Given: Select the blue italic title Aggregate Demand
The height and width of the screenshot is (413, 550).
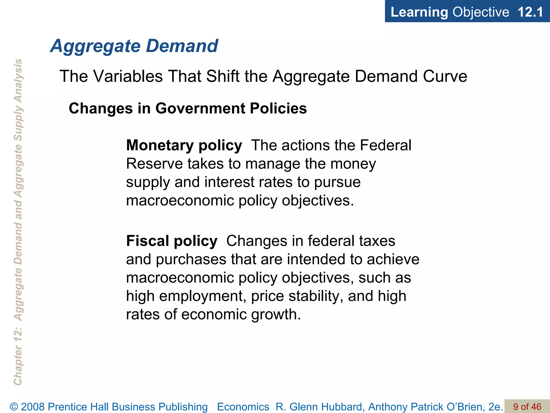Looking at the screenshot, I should [x=134, y=46].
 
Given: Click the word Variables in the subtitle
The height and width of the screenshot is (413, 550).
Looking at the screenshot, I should [x=128, y=76].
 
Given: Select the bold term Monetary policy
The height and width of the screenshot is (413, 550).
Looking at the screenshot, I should [x=184, y=145].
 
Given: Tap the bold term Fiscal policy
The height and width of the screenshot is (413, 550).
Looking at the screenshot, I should [x=172, y=241].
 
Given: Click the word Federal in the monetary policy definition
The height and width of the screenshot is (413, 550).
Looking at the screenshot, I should [x=385, y=145].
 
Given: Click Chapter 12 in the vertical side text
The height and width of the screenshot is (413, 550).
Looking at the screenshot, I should [x=18, y=360].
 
